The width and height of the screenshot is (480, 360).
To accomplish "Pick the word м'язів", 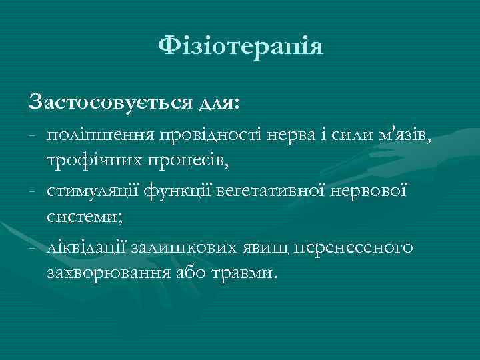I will coord(403,137).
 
